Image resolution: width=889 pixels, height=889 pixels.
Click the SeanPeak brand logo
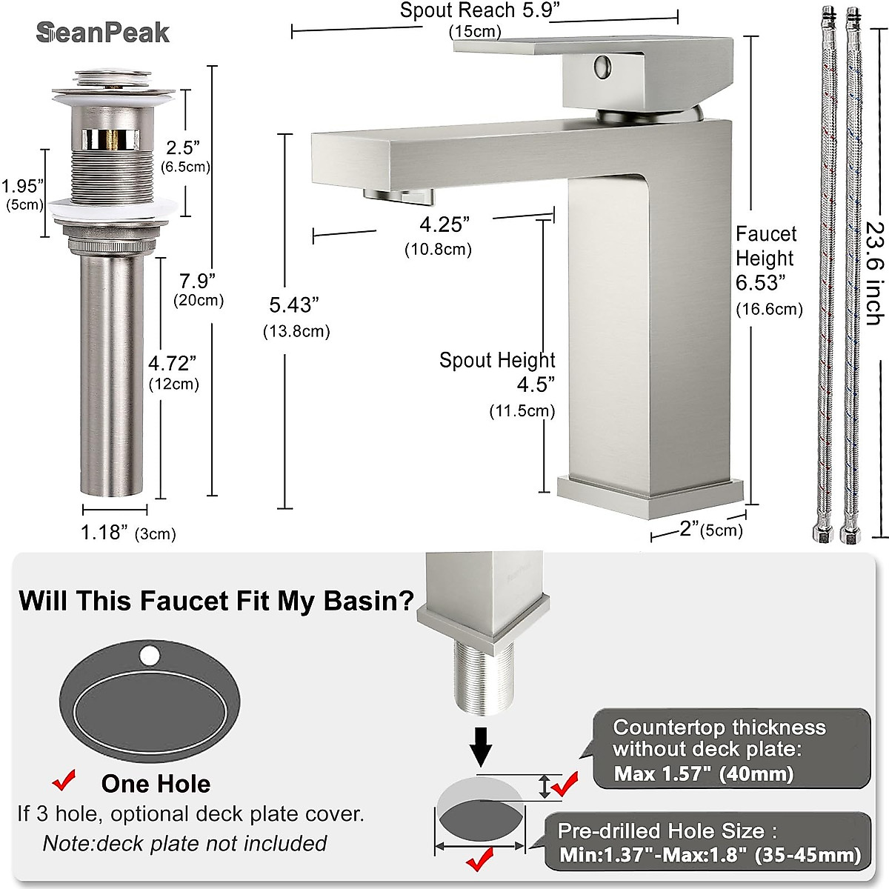(103, 33)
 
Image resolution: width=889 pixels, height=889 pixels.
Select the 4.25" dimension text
(444, 224)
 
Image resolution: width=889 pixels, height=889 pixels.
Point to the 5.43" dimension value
(294, 305)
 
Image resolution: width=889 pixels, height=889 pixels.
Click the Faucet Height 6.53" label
(765, 259)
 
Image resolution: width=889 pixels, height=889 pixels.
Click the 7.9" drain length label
(197, 282)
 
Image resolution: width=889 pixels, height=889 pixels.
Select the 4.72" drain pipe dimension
(173, 364)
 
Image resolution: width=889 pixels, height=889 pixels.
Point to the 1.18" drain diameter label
(104, 533)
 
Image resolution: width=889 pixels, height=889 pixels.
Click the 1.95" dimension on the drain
(22, 186)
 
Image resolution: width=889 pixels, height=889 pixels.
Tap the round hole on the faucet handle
(602, 67)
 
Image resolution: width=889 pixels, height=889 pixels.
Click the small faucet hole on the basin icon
(150, 656)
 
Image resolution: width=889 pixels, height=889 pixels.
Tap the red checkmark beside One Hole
(65, 780)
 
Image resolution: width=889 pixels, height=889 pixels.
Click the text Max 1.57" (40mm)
(703, 774)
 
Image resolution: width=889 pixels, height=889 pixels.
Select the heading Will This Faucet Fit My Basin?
(216, 601)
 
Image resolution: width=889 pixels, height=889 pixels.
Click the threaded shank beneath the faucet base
(482, 678)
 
